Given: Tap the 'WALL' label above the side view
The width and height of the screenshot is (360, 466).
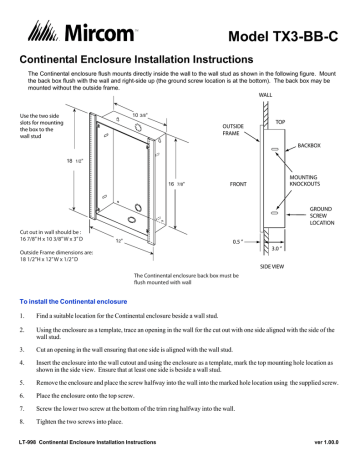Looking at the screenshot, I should coord(265,94).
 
